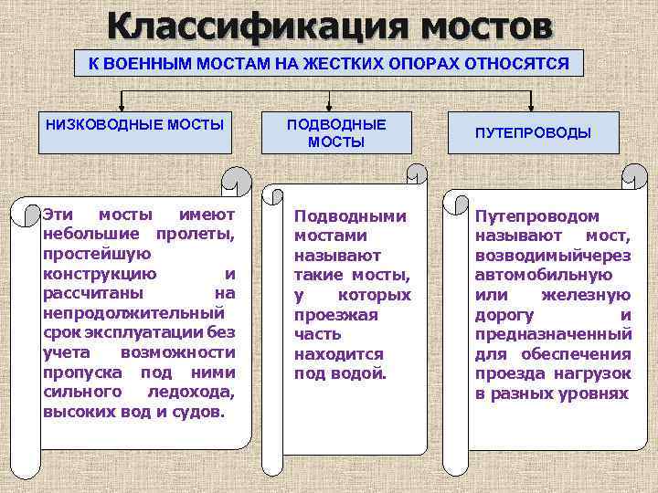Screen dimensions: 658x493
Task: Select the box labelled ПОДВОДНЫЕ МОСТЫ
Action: [336, 133]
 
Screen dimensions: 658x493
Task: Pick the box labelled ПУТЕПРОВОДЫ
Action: [533, 132]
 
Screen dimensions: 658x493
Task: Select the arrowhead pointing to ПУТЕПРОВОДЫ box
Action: [533, 105]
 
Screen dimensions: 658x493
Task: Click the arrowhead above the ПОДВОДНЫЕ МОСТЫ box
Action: [336, 105]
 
